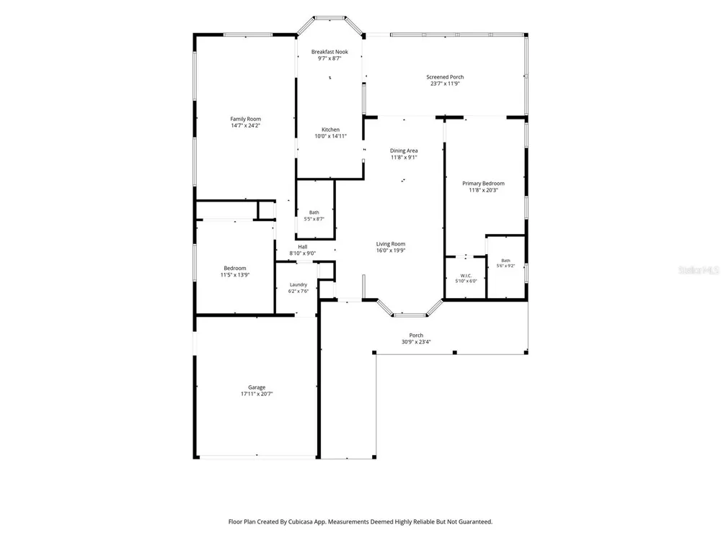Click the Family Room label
tap(246, 119)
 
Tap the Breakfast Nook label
tap(329, 52)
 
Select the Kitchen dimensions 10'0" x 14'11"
tap(331, 136)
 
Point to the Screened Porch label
tap(445, 77)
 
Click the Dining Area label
tap(404, 150)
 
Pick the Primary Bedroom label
tap(483, 183)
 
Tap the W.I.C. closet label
tap(466, 276)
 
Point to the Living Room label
tap(391, 244)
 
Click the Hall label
tap(303, 246)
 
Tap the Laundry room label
tap(298, 284)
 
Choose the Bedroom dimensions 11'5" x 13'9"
tap(235, 275)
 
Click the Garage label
tap(257, 387)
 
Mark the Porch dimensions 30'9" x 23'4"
tap(416, 341)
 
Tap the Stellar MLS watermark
tap(699, 270)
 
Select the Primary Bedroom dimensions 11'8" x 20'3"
tap(483, 190)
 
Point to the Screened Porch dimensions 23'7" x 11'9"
tap(445, 84)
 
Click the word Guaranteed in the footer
tap(477, 521)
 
